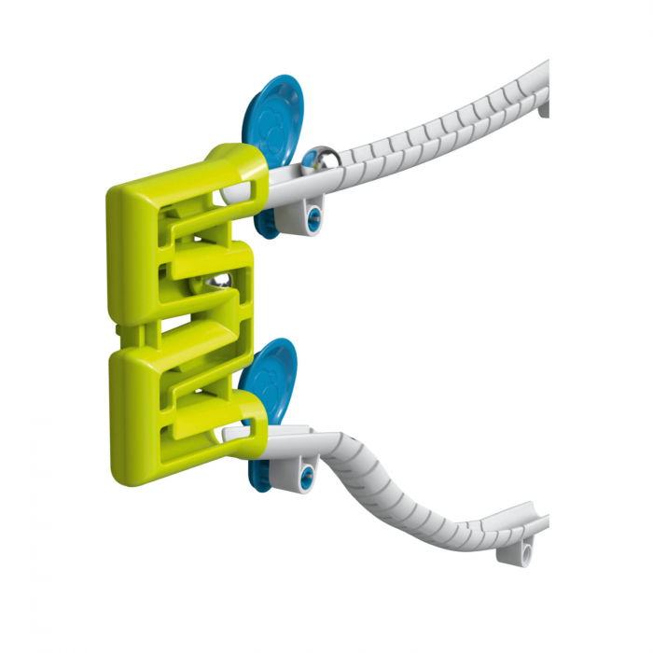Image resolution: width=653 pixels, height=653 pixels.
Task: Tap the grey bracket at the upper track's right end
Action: click(x=543, y=109)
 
